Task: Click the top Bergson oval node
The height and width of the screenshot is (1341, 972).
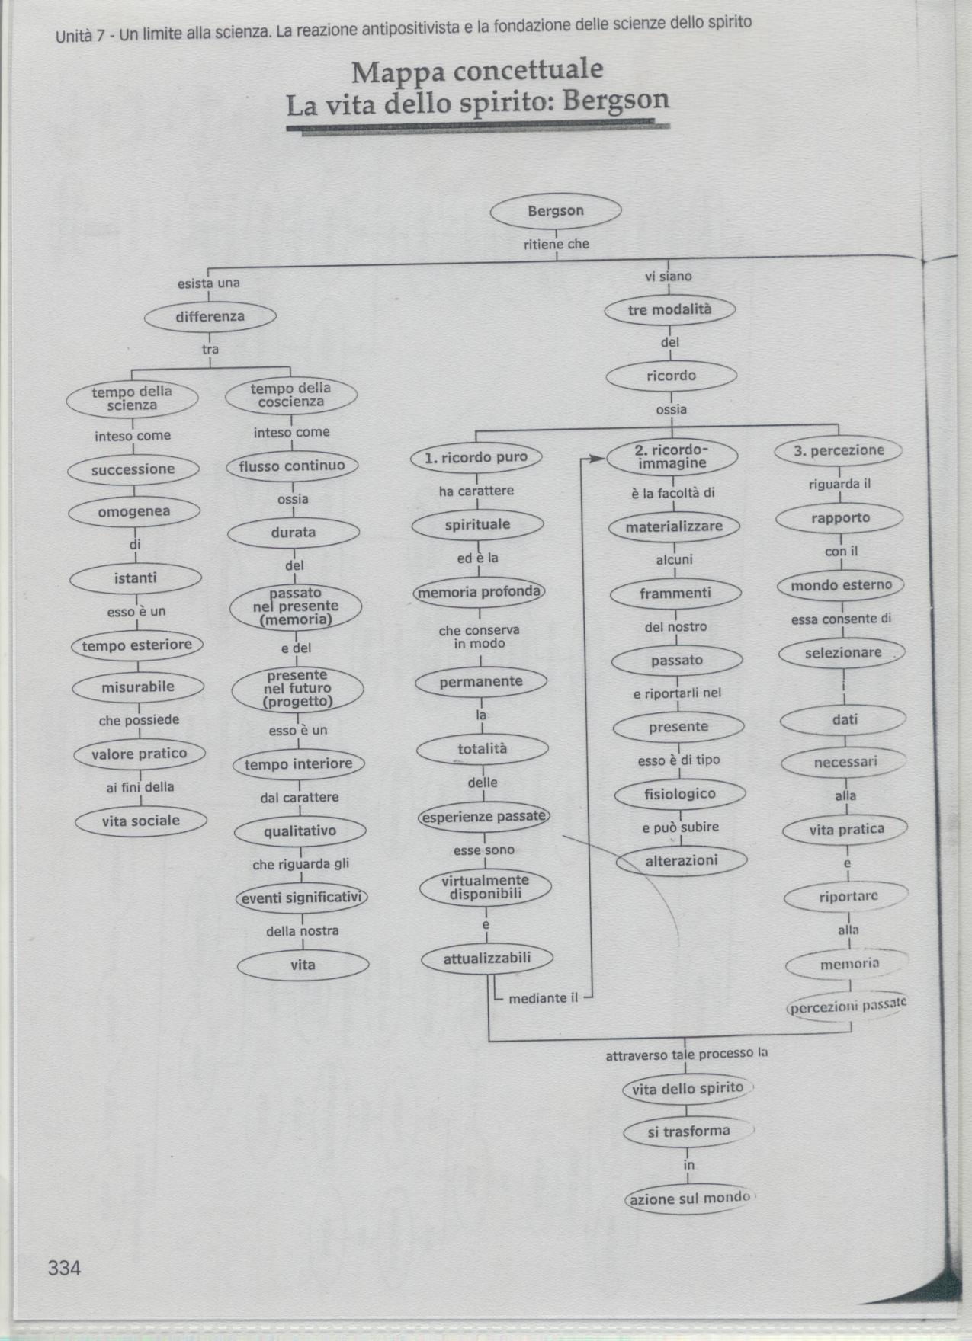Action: click(x=556, y=211)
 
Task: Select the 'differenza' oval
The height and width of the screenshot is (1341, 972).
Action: click(x=210, y=317)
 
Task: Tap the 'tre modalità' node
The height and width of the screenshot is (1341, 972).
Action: click(x=670, y=309)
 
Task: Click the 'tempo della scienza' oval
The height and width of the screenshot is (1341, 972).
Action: click(x=133, y=398)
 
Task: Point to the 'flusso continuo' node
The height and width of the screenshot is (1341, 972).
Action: click(x=293, y=466)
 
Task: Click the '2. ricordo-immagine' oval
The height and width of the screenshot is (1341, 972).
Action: click(x=672, y=456)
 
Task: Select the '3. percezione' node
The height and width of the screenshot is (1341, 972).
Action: click(x=839, y=450)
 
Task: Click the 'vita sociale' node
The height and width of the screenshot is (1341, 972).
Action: click(x=141, y=821)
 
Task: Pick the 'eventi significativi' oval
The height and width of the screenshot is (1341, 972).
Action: click(x=300, y=898)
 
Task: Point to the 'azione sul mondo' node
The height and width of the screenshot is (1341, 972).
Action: click(x=689, y=1199)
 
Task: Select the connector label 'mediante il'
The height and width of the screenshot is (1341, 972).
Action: click(x=544, y=998)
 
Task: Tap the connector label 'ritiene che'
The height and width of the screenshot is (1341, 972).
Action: click(x=557, y=245)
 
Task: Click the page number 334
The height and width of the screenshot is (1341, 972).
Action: click(x=64, y=1268)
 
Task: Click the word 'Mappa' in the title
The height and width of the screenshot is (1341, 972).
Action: click(x=397, y=72)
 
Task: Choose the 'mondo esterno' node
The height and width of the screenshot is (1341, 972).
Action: click(x=841, y=586)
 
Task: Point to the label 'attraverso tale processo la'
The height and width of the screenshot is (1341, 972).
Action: click(x=686, y=1055)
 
